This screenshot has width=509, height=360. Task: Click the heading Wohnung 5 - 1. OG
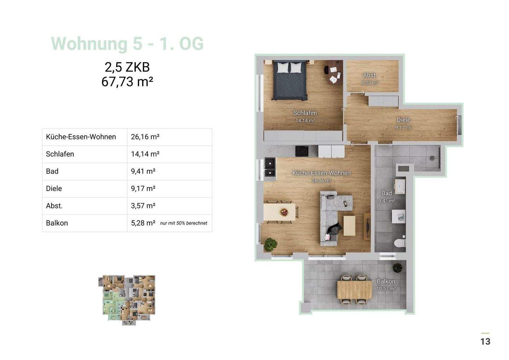point(127,44)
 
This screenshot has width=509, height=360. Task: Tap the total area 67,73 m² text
point(127,82)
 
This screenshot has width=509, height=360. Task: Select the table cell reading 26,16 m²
point(145,137)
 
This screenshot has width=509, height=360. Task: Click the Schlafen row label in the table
point(60,154)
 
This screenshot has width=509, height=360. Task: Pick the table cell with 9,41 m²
point(143,172)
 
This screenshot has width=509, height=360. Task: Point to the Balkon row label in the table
point(57,223)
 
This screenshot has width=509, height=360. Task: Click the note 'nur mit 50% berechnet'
point(183,223)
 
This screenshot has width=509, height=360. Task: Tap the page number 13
point(485,341)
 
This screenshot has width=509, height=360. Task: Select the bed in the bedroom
point(290,80)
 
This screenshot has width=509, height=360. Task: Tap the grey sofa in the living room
point(332,217)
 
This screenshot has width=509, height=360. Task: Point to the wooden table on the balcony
point(355,290)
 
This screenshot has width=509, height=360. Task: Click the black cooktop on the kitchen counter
point(302,151)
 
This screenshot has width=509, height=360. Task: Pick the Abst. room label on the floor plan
point(370,75)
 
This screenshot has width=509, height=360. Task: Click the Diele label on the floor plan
point(403,120)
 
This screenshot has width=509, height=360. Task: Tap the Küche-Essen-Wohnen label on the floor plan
point(321,173)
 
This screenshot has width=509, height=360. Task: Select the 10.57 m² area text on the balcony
point(386,289)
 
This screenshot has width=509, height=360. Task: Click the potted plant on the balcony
point(397,268)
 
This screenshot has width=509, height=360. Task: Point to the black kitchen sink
point(269,168)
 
